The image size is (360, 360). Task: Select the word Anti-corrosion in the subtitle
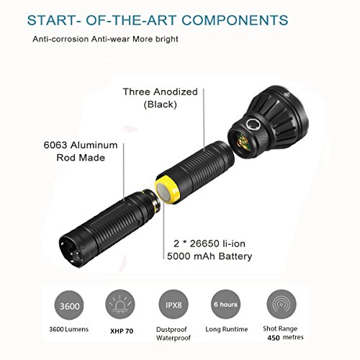click(x=60, y=39)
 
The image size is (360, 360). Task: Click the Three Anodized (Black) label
click(x=160, y=98)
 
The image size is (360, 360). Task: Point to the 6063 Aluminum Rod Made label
click(x=81, y=151)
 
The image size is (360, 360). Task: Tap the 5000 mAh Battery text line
click(x=210, y=256)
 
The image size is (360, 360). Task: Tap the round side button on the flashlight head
click(x=253, y=125)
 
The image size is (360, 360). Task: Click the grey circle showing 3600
click(x=69, y=305)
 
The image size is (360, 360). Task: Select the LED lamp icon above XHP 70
click(x=120, y=304)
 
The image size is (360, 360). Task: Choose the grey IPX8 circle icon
click(x=174, y=305)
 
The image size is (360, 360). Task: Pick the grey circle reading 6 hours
click(x=225, y=304)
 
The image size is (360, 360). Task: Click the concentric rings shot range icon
click(x=282, y=304)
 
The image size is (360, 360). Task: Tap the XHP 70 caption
click(x=122, y=331)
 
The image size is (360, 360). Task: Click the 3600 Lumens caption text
click(x=68, y=329)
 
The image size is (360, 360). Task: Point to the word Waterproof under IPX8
click(x=174, y=338)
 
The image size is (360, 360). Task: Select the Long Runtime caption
click(x=227, y=329)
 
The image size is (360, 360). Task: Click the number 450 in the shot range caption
click(x=274, y=338)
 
